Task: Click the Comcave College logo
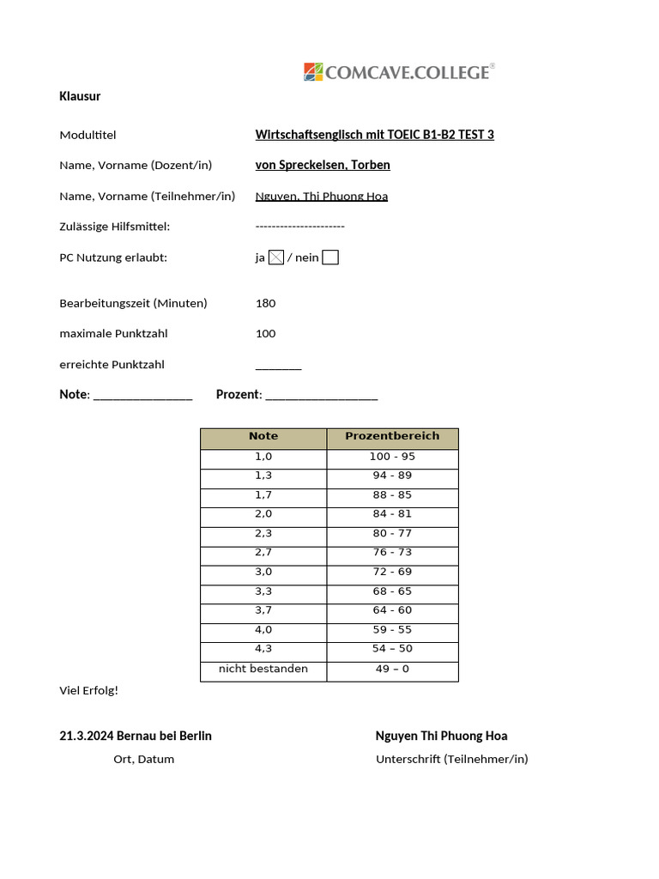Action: (x=399, y=72)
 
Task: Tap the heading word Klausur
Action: (x=80, y=96)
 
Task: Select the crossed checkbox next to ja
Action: (x=276, y=258)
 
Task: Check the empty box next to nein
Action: (x=330, y=258)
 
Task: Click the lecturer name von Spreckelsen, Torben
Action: (x=323, y=165)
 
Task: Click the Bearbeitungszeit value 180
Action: (x=266, y=303)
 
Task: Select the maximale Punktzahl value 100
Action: (x=266, y=334)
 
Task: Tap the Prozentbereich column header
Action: (x=392, y=436)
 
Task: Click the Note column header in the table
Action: (x=263, y=436)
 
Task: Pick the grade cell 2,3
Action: (x=263, y=533)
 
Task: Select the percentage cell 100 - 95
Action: (x=392, y=457)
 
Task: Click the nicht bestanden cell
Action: (x=263, y=669)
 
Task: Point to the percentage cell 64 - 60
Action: (x=392, y=610)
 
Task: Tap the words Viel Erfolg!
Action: (x=89, y=690)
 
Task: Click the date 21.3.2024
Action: (x=86, y=736)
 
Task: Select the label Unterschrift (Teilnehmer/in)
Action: (x=452, y=759)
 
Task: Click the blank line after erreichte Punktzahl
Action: (x=279, y=367)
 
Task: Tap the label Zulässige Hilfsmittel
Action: (x=115, y=227)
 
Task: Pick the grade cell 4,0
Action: (x=263, y=629)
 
